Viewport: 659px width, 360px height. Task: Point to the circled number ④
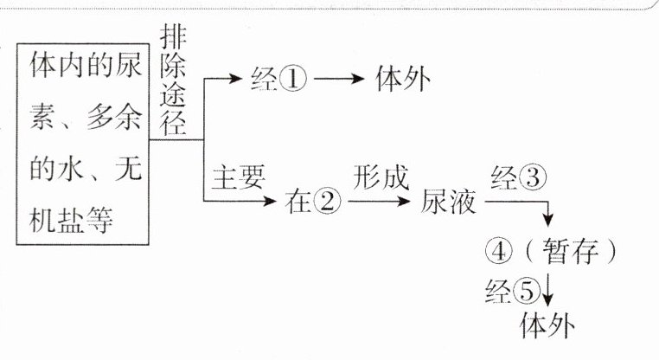click(501, 251)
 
